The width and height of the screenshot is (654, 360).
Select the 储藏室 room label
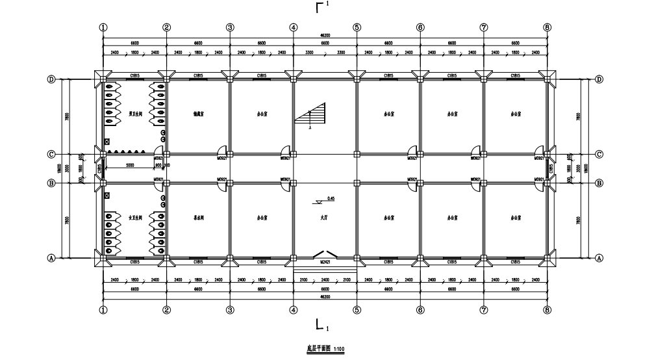pos(198,112)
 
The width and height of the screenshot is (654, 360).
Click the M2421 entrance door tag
pos(325,262)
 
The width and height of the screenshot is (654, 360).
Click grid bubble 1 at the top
pos(103,27)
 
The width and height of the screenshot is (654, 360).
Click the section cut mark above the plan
pos(320,8)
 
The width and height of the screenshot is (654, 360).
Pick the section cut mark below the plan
pos(320,324)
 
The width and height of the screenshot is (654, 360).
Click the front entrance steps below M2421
pos(325,270)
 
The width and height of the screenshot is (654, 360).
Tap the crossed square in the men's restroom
pos(107,141)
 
